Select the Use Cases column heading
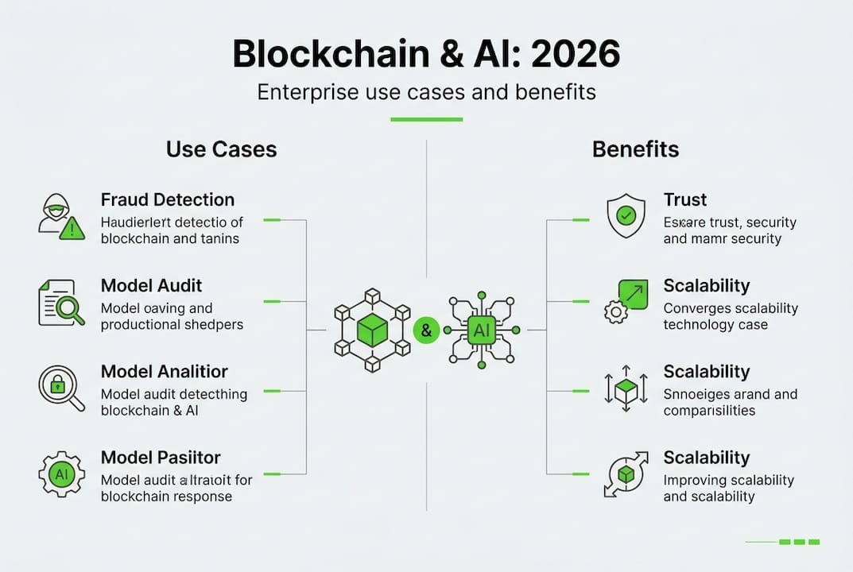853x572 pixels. pos(221,149)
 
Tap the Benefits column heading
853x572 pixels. pos(635,149)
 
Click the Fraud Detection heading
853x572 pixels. pos(167,199)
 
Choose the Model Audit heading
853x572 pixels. pos(151,285)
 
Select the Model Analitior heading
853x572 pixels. pos(164,371)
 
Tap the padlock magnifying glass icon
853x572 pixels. pos(61,387)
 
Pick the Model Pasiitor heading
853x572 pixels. pos(161,458)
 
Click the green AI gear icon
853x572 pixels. pos(61,474)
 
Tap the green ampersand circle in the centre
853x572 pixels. pos(426,330)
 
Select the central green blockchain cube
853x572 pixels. pos(372,330)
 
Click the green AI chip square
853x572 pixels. pos(482,329)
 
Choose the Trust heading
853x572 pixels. pos(684,199)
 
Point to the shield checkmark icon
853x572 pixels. pos(626,216)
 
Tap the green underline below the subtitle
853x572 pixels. pos(426,119)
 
